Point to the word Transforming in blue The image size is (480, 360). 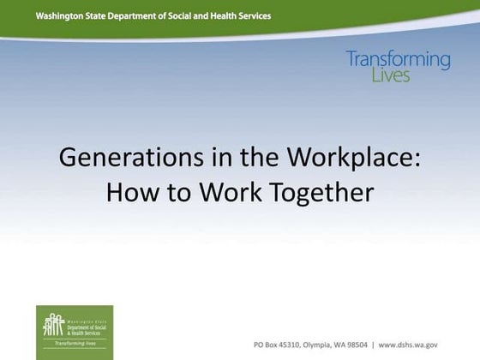point(398,60)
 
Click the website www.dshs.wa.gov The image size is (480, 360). point(426,344)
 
